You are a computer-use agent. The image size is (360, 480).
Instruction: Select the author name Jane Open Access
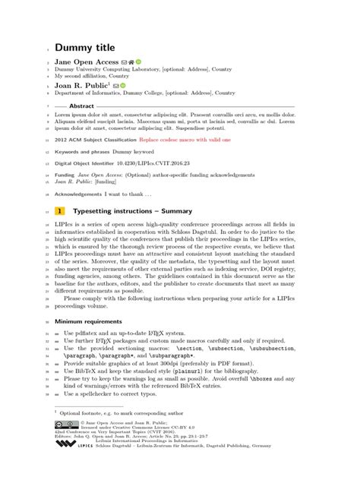(86, 62)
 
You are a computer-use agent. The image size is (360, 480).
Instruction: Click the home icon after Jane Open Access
(131, 62)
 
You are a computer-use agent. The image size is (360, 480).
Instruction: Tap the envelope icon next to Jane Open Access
(124, 62)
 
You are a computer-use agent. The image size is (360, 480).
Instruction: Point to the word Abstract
(81, 106)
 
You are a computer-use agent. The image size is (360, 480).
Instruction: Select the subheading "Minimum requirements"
(88, 321)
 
